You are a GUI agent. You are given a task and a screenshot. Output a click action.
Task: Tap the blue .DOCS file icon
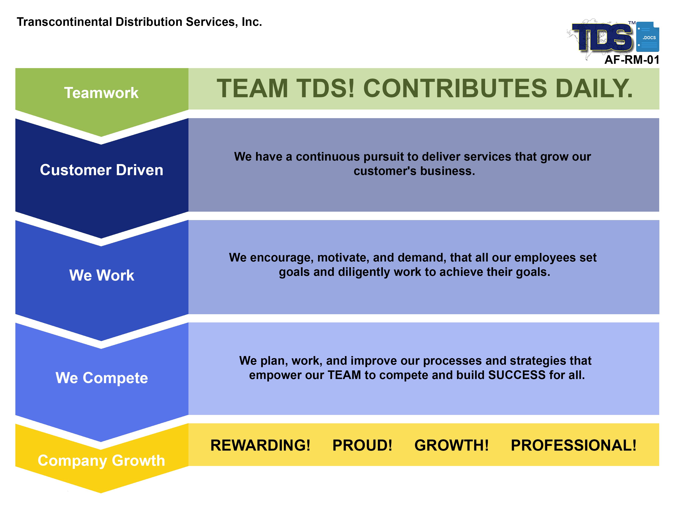coord(648,37)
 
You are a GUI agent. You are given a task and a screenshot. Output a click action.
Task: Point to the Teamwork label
coord(101,93)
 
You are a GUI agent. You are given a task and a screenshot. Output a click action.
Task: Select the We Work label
coord(102,275)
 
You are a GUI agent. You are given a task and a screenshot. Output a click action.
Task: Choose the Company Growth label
coord(101,461)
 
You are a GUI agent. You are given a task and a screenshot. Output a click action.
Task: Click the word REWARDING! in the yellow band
coord(260,445)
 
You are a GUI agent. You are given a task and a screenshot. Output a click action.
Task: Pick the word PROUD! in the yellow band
coord(362,445)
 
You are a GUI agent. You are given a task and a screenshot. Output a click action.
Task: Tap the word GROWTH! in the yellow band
coord(451,445)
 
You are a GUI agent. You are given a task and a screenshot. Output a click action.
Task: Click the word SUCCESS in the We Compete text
coord(517,375)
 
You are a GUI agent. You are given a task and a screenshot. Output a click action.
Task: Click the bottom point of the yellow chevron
coord(101,493)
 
